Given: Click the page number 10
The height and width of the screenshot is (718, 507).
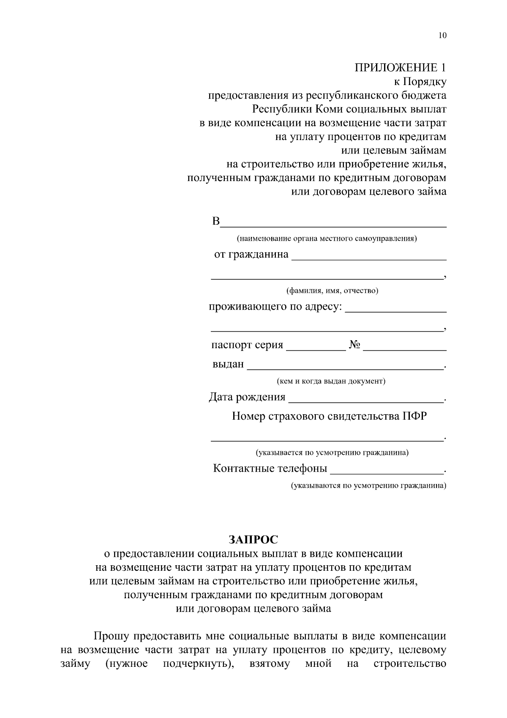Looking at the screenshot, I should click(442, 36).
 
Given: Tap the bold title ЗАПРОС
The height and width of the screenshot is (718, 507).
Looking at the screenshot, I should click(253, 539).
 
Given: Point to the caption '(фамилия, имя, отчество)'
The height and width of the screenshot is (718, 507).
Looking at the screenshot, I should click(332, 291).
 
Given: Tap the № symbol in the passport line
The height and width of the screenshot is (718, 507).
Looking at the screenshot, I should click(354, 345).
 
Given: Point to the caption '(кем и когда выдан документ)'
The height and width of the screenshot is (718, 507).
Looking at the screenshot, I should click(331, 381).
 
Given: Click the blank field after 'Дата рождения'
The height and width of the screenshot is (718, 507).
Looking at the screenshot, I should click(365, 399).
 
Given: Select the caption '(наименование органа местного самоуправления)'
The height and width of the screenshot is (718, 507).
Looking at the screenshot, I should click(327, 239).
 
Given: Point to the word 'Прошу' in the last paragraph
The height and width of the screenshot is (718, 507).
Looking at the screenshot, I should click(112, 636).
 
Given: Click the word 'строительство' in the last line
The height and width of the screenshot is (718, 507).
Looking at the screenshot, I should click(410, 663).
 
